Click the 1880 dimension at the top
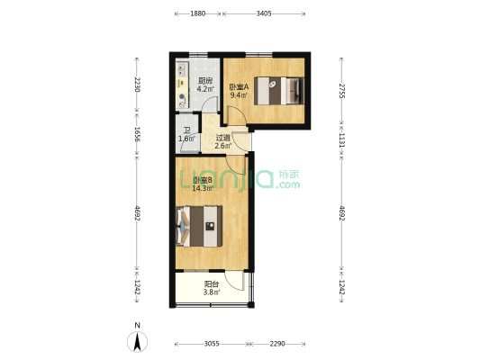tap(198, 13)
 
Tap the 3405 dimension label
tap(264, 13)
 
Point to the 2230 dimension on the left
tap(137, 85)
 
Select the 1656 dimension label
tap(137, 134)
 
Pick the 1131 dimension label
tap(341, 140)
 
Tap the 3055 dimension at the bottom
tap(212, 344)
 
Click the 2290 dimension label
tap(277, 344)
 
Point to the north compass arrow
tap(138, 341)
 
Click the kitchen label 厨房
tap(205, 81)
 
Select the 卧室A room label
tap(239, 87)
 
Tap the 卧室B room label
tap(203, 180)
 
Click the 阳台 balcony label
tap(212, 284)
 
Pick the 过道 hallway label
tap(222, 138)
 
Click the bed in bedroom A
tap(279, 91)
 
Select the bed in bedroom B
tap(199, 226)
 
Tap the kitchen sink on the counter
tap(182, 70)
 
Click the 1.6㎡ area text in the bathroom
tap(186, 139)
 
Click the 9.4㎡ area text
tap(239, 95)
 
